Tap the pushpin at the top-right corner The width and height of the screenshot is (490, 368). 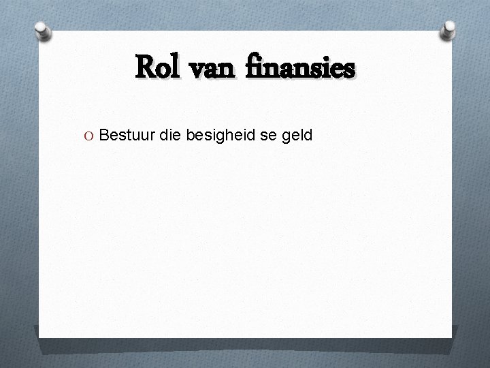(x=450, y=29)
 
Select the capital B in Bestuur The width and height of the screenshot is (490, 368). (x=104, y=136)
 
